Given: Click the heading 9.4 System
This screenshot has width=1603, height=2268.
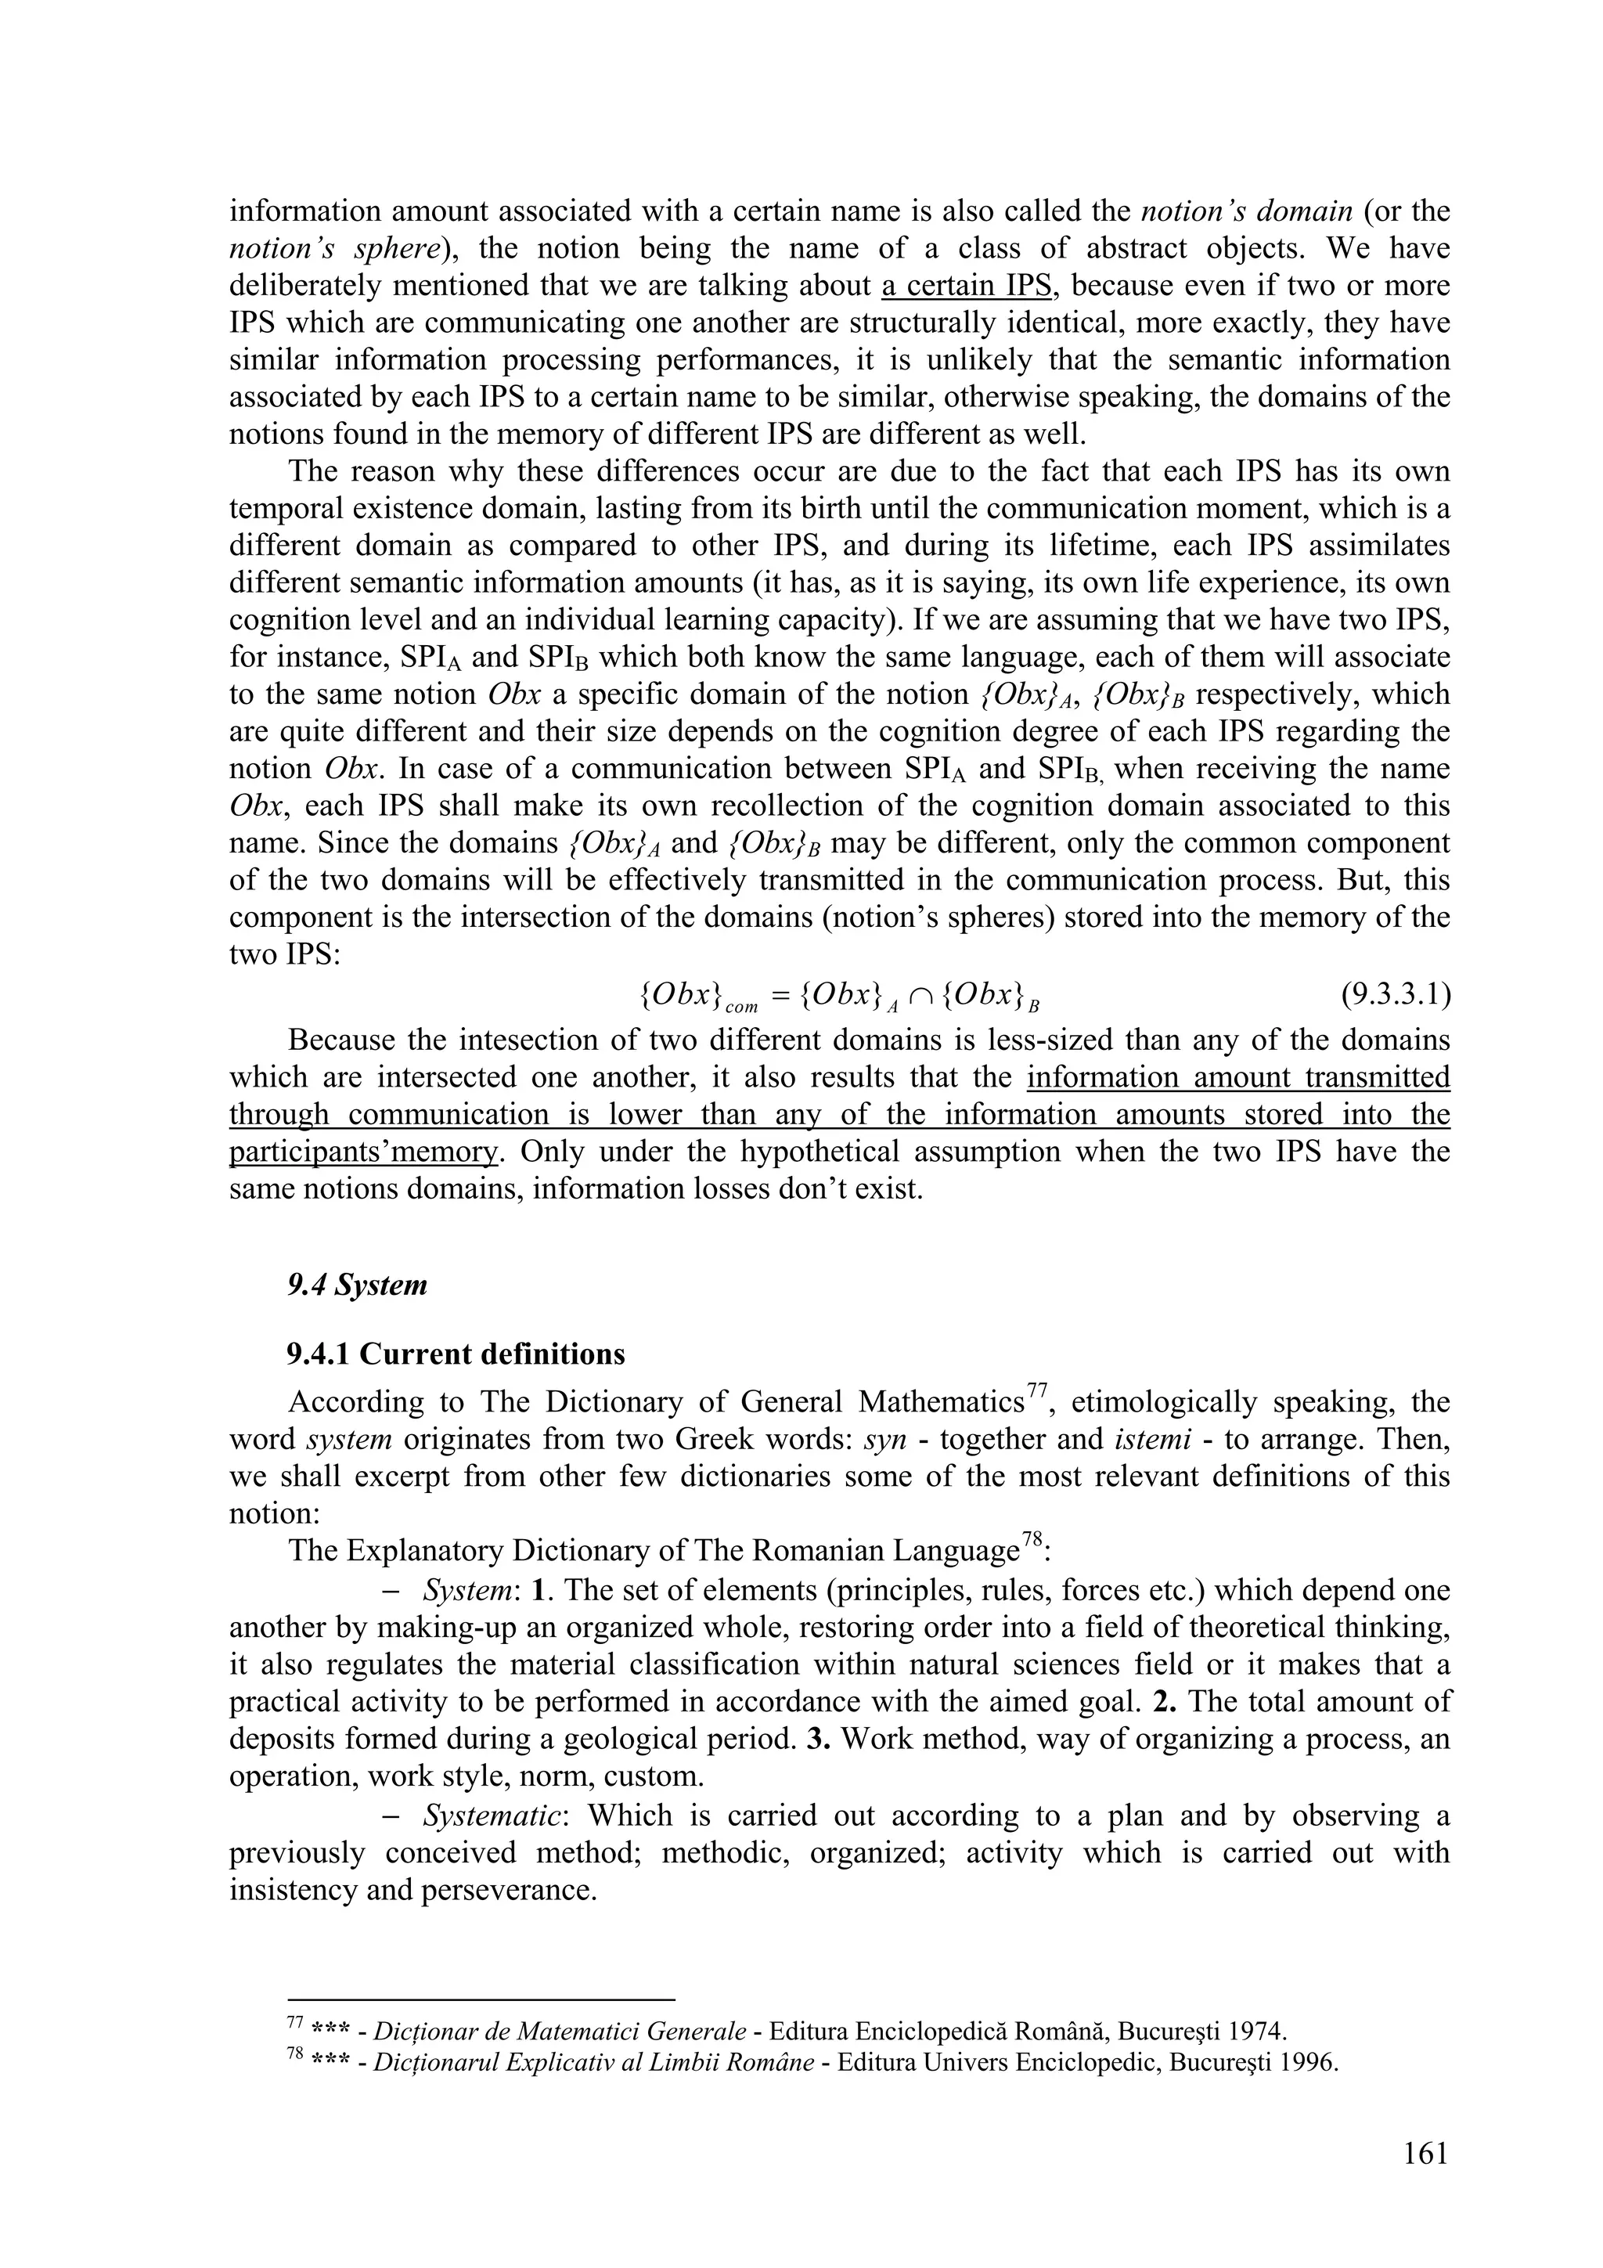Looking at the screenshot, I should [x=358, y=1285].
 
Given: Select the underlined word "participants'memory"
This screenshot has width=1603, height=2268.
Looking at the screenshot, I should [x=363, y=1152].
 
